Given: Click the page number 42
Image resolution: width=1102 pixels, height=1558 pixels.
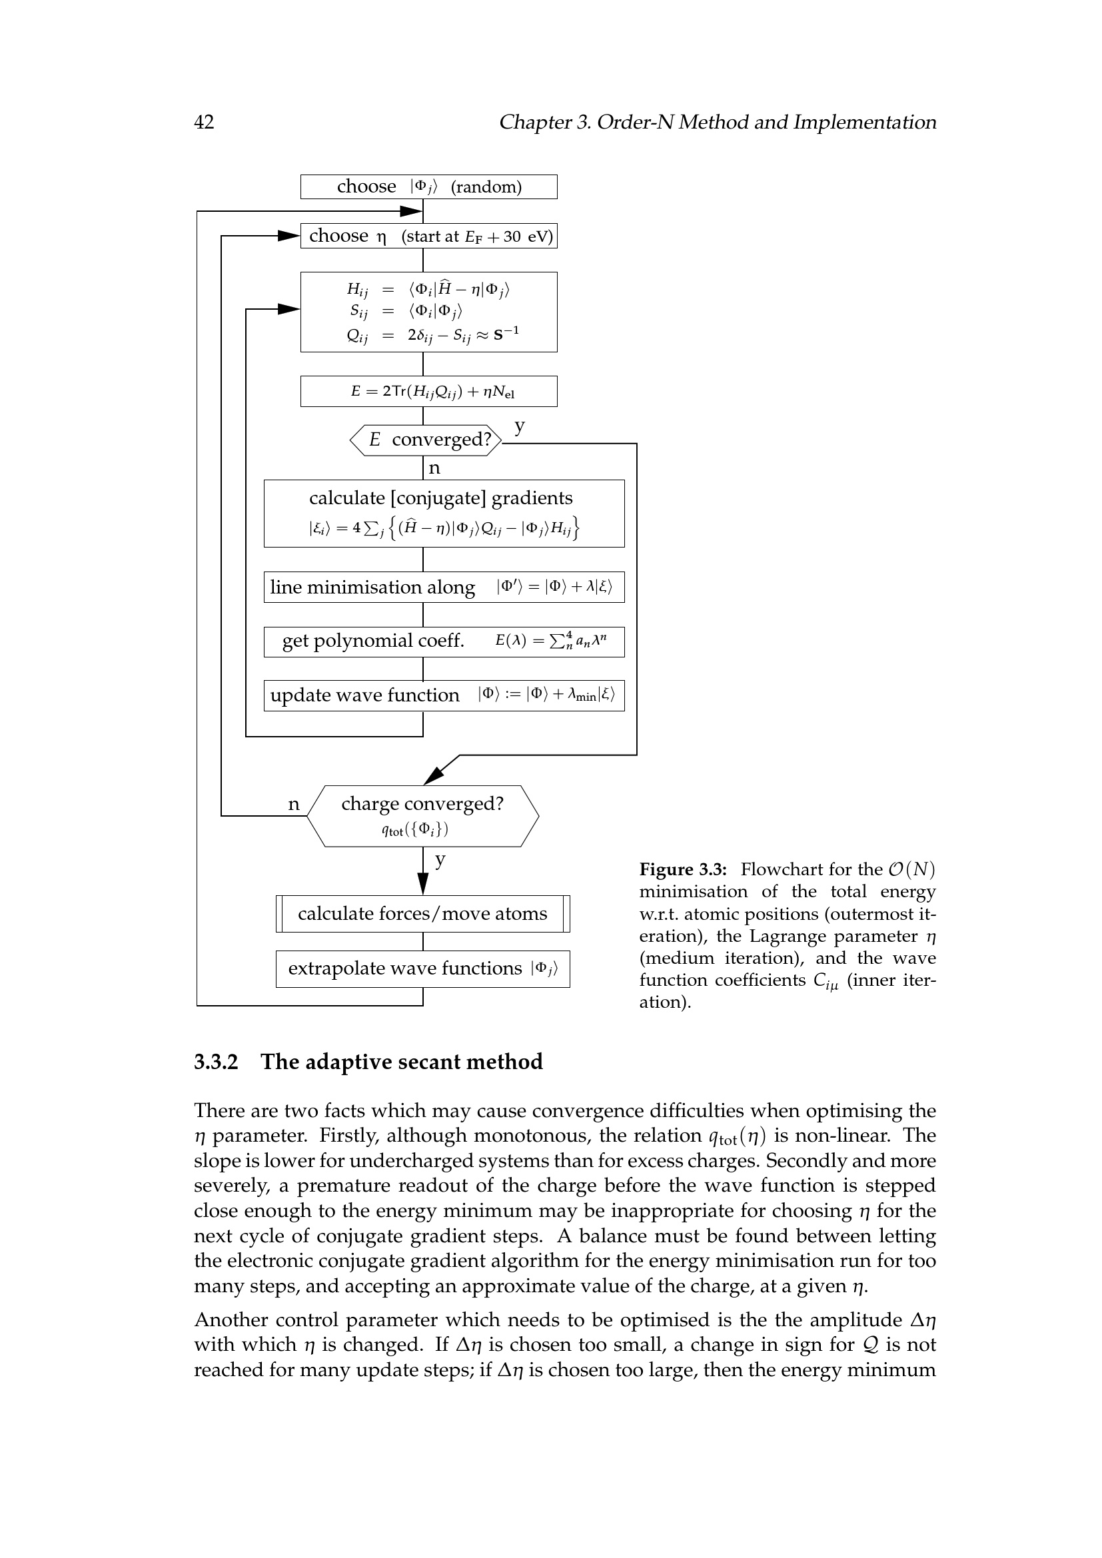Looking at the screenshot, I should point(204,122).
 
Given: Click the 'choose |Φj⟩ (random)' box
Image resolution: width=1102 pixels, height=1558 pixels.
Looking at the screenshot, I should point(429,187).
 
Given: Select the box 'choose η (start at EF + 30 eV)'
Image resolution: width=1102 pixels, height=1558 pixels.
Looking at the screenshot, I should point(429,236).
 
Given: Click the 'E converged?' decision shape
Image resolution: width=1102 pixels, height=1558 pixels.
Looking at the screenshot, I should point(426,440).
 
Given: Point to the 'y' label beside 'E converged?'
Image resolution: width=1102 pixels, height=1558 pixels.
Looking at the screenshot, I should point(520,426).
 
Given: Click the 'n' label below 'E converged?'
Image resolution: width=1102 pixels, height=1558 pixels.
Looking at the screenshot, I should point(434,468).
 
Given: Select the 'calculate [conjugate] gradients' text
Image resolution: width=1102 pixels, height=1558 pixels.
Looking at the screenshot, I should point(440,498).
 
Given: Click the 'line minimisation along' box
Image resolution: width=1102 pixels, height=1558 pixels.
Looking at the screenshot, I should point(444,587).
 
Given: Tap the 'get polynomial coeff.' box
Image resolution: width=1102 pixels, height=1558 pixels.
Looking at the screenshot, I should point(444,641).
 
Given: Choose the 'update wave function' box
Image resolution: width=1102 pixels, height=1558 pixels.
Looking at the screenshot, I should point(444,695).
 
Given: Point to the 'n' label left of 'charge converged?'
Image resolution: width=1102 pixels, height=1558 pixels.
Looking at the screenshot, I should point(294,804).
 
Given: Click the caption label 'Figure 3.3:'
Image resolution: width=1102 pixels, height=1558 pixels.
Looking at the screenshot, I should point(683,869).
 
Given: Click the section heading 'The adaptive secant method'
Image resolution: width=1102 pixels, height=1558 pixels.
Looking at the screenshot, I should point(401,1062).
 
